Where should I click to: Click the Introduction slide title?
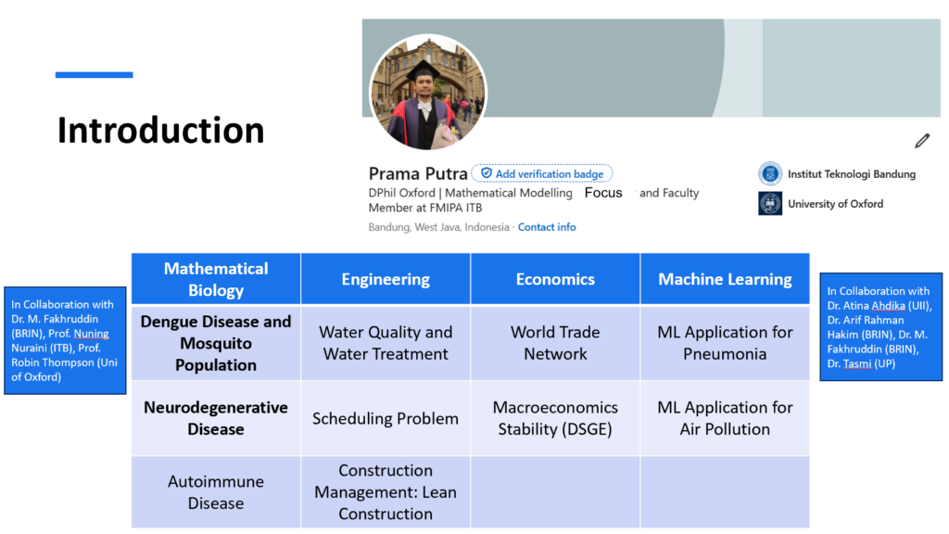tap(161, 131)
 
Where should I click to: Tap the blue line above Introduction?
tap(94, 75)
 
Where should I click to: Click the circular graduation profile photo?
tap(428, 92)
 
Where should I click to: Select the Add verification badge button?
tap(542, 173)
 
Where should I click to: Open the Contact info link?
tap(547, 227)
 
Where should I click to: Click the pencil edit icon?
tap(922, 141)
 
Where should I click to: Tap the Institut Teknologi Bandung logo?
tap(770, 174)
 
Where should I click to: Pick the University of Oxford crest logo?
tap(770, 203)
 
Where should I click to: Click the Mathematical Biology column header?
tap(216, 279)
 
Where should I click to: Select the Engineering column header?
tap(386, 279)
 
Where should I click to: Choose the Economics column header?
tap(555, 279)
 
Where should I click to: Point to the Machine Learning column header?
tap(725, 279)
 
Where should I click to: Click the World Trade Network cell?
tap(555, 343)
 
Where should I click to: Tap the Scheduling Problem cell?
tap(386, 418)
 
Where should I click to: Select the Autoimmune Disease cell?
tap(216, 492)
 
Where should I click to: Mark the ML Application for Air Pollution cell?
tap(725, 418)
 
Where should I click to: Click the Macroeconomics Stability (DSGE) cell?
tap(555, 418)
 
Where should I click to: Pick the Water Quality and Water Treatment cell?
tap(386, 343)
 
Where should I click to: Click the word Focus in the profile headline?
tap(603, 193)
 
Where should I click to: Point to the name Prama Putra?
tap(418, 173)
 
